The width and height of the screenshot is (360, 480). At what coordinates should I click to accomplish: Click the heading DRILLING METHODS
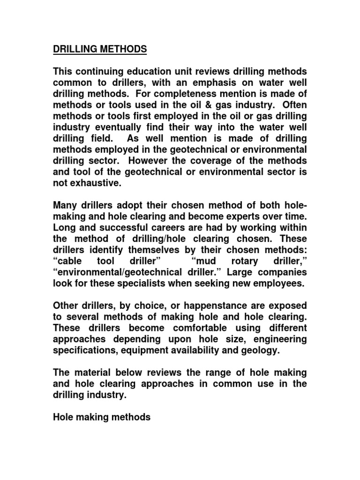[99, 49]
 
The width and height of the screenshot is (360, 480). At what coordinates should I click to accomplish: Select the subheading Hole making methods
[101, 417]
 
